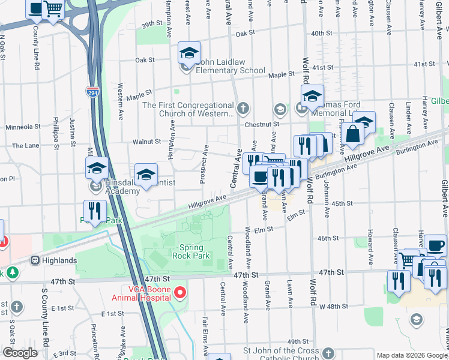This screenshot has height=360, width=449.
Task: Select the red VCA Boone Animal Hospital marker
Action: [179, 293]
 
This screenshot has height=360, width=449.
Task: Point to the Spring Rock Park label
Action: [191, 251]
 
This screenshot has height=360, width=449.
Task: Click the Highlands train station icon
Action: [35, 260]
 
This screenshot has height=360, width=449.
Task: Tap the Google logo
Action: [20, 353]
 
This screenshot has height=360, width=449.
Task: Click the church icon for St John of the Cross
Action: [328, 353]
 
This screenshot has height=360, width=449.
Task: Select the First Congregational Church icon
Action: [243, 109]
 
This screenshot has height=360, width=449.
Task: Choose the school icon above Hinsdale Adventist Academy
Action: [96, 170]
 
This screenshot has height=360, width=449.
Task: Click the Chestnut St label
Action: [262, 124]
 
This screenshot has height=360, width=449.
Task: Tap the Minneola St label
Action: [22, 127]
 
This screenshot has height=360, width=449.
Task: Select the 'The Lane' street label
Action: [25, 146]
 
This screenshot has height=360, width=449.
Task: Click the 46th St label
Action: [328, 238]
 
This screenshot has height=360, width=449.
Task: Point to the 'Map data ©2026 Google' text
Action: [411, 355]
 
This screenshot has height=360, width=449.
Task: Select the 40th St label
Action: [322, 34]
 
